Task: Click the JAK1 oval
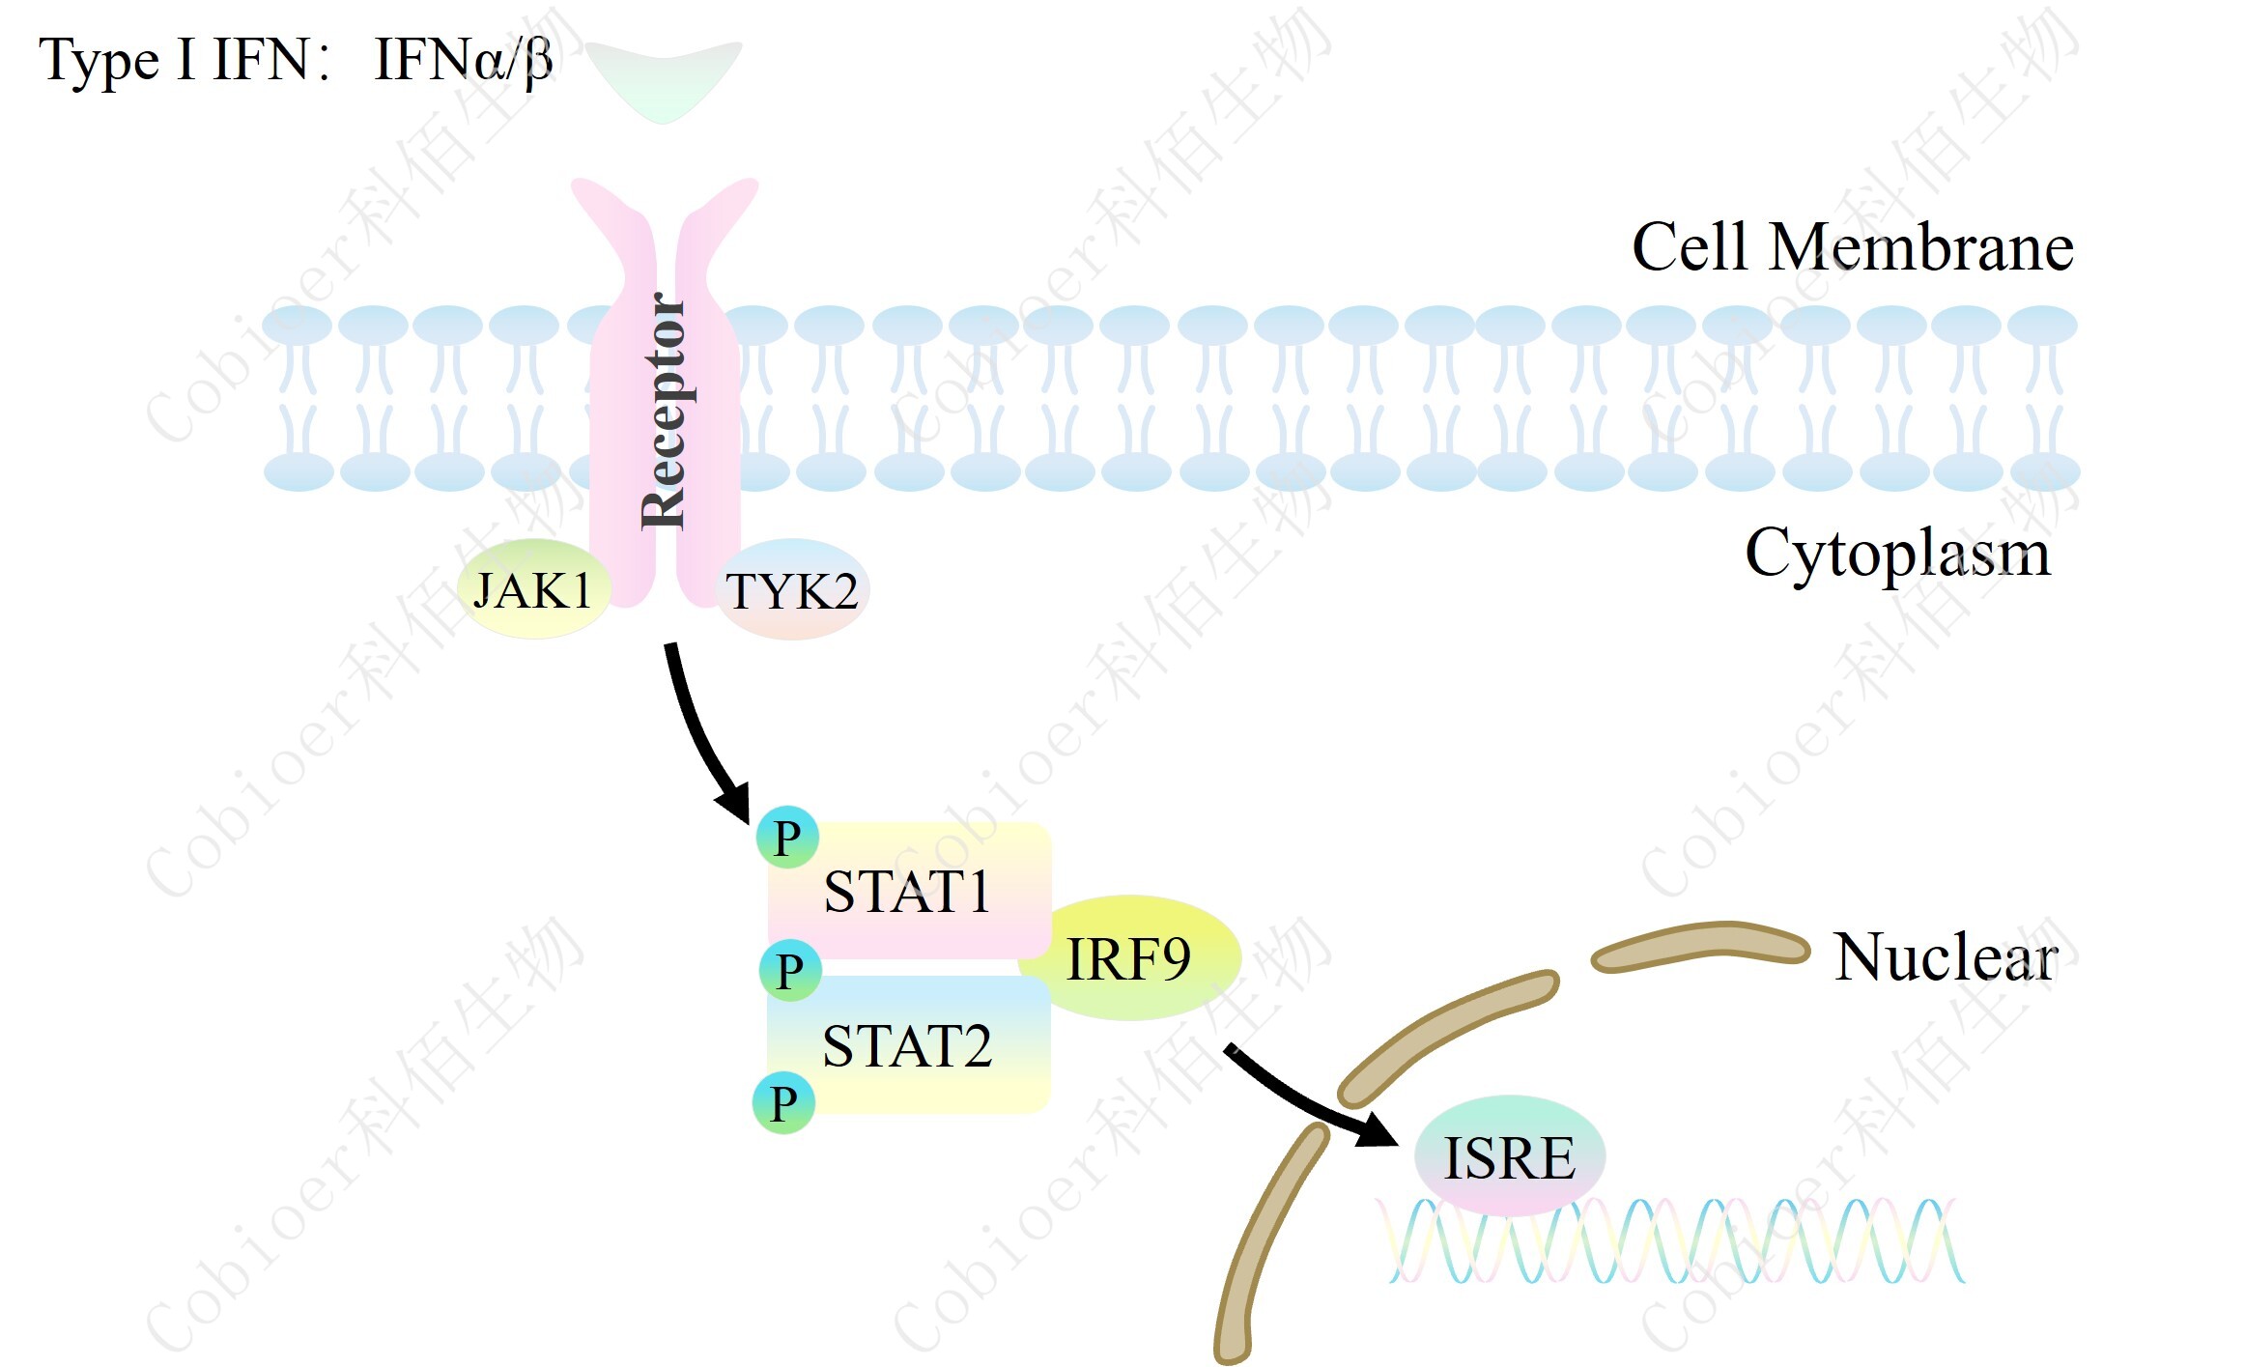pos(533,589)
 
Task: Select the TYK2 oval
pos(792,590)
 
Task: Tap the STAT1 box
pos(908,890)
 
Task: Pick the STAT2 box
pos(908,1045)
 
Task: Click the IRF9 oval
pos(1128,958)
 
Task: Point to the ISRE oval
pos(1509,1156)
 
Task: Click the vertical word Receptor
pos(664,411)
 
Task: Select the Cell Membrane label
pos(1852,247)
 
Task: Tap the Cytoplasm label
pos(1897,554)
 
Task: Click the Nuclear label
pos(1946,957)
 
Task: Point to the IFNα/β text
pos(463,60)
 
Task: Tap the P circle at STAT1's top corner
pos(787,837)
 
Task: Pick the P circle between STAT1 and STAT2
pos(789,969)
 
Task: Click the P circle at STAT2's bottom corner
pos(783,1102)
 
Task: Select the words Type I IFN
pos(174,60)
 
